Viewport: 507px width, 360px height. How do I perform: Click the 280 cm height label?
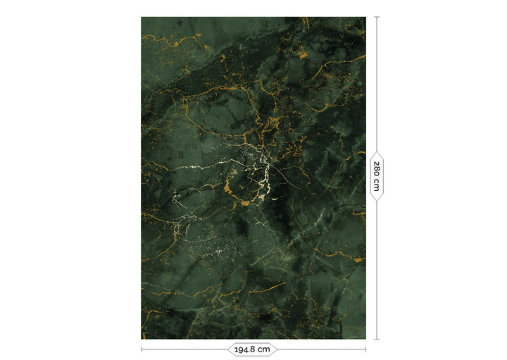click(377, 176)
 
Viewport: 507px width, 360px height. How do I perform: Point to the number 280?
click(377, 170)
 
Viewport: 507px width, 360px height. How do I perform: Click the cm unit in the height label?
click(377, 186)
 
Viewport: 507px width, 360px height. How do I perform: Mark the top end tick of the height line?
click(377, 17)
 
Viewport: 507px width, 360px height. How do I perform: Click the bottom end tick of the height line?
click(377, 339)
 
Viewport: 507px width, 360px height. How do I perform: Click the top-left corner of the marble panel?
click(142, 18)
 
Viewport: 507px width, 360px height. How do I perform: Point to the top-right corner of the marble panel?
click(365, 18)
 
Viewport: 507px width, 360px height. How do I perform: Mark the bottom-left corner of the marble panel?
click(142, 338)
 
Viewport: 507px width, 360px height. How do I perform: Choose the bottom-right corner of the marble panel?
click(365, 338)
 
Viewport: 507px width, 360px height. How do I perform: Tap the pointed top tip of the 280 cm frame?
click(377, 151)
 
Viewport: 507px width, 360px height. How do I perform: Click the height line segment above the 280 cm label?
click(377, 85)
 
